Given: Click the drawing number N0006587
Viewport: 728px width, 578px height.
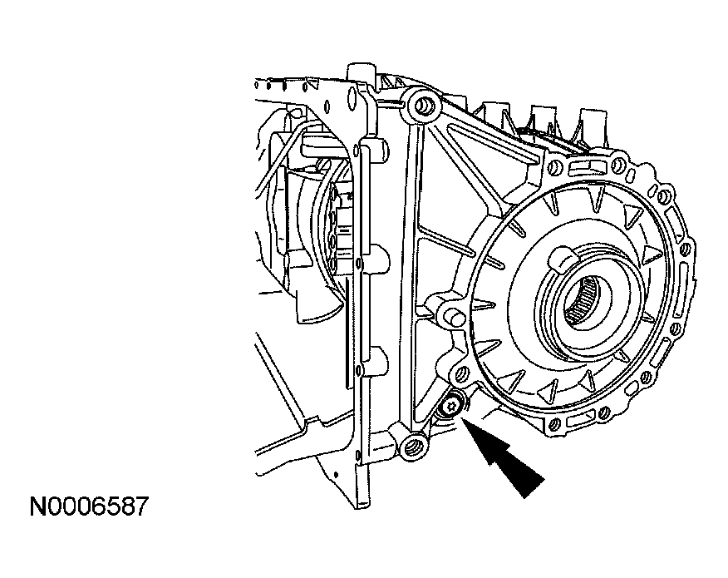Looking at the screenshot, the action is (x=89, y=506).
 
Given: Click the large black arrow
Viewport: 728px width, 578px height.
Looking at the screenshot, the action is (x=503, y=456).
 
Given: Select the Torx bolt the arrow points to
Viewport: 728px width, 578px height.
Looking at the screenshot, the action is (x=450, y=408).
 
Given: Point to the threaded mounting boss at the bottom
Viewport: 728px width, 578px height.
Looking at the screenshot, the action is (x=413, y=448).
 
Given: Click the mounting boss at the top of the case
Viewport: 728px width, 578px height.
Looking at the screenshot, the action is (x=422, y=106).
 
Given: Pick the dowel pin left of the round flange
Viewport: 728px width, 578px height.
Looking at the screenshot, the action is (x=453, y=317).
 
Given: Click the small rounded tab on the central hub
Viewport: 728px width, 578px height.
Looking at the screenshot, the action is (x=563, y=259).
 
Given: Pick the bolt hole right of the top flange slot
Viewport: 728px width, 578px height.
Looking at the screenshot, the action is (x=617, y=164).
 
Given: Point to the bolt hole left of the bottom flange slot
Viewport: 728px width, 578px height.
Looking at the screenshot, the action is (x=554, y=424).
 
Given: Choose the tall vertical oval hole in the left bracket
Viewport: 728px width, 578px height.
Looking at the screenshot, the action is (x=352, y=98).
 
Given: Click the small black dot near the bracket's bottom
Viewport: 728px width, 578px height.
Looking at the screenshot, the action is (x=336, y=474).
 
